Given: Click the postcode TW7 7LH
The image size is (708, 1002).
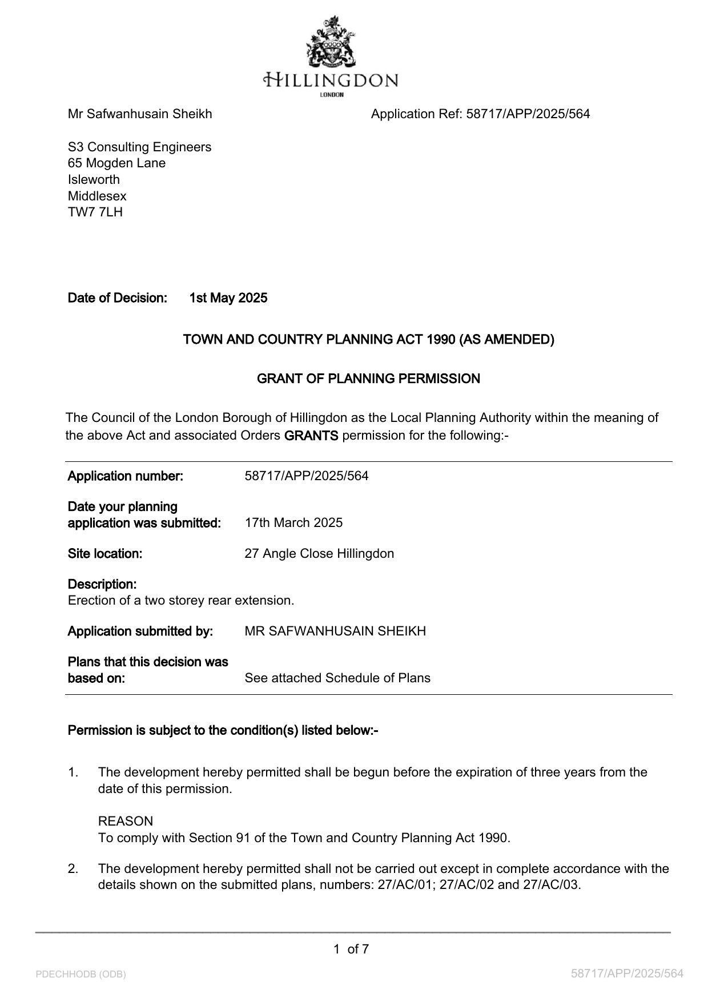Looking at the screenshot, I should point(95,212).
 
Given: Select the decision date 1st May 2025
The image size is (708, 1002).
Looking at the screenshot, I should point(228,298).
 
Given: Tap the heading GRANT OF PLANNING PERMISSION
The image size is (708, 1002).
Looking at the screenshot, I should point(368,379).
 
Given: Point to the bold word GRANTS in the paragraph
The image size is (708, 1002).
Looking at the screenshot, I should point(311,436).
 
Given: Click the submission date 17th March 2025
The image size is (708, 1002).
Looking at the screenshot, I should point(293,522).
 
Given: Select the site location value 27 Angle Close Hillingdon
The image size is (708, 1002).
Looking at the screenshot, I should point(319,553).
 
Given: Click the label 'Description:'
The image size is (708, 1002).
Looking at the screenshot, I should point(102,584).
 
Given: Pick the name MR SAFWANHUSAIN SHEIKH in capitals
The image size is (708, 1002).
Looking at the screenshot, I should point(335,631).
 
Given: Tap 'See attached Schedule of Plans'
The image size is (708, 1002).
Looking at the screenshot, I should point(337,678).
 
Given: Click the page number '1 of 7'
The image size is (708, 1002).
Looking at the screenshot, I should point(351,949).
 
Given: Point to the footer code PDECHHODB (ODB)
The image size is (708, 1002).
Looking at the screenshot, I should point(81,974).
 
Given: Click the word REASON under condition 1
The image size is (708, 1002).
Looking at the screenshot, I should point(126,821).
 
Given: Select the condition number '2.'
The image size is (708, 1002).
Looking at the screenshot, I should point(73,868).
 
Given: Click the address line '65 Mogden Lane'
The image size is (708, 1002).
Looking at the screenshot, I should point(117,163).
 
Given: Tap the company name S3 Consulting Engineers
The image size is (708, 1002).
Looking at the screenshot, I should point(140,147).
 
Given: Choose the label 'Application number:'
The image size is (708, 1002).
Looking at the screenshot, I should point(126,476).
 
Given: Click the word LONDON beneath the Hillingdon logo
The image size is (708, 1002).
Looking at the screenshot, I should point(331,94).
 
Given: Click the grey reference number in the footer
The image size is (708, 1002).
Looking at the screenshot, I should point(627,973).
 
